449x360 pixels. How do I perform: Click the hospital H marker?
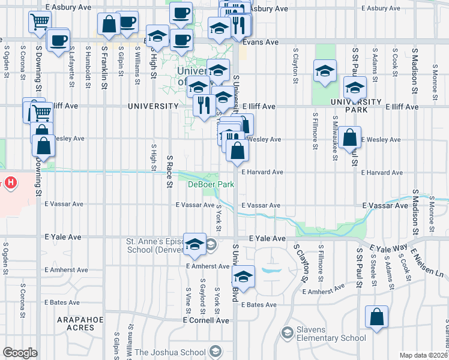pos(11,182)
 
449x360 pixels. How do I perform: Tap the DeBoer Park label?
pos(211,184)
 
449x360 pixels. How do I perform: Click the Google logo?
pos(20,353)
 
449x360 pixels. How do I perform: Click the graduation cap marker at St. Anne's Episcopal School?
pos(194,243)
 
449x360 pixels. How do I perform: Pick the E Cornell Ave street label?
pos(206,320)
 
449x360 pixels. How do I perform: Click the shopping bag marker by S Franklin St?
pos(109,25)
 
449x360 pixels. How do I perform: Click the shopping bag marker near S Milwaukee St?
pos(349,137)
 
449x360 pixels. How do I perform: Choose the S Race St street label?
pos(170,165)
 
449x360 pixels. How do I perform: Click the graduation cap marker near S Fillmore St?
pos(324,71)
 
